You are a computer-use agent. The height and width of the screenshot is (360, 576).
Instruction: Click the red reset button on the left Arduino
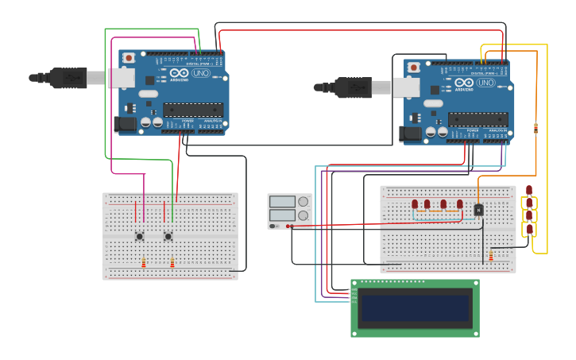pos(130,58)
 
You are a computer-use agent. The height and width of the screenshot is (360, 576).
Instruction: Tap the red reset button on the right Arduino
pos(414,68)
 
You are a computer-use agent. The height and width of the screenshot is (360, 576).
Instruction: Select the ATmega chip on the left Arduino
pos(193,110)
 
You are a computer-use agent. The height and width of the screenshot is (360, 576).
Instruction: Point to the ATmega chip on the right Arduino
pos(477,119)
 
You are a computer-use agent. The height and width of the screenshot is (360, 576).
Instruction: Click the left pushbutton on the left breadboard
pos(140,236)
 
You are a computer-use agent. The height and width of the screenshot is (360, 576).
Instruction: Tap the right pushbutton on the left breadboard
pos(168,236)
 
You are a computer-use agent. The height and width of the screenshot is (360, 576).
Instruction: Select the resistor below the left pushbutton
pos(144,263)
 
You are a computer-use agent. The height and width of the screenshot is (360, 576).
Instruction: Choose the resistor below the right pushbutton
pos(172,263)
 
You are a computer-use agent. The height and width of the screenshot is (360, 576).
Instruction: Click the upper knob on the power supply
pos(303,202)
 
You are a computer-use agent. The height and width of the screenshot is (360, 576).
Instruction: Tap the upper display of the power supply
pos(282,202)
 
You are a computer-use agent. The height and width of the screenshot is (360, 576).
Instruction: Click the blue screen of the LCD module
pos(415,308)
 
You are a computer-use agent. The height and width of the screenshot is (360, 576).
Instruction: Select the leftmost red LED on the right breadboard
pos(415,205)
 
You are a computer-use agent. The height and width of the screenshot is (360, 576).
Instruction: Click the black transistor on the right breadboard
pos(478,210)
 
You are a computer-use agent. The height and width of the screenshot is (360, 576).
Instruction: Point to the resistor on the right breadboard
pos(491,255)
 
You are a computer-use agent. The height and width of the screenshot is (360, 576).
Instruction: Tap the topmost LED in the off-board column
pos(529,190)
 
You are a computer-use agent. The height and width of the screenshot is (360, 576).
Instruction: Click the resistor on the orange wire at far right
pos(535,128)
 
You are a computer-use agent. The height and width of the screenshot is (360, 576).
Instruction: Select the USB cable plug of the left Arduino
pos(68,78)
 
